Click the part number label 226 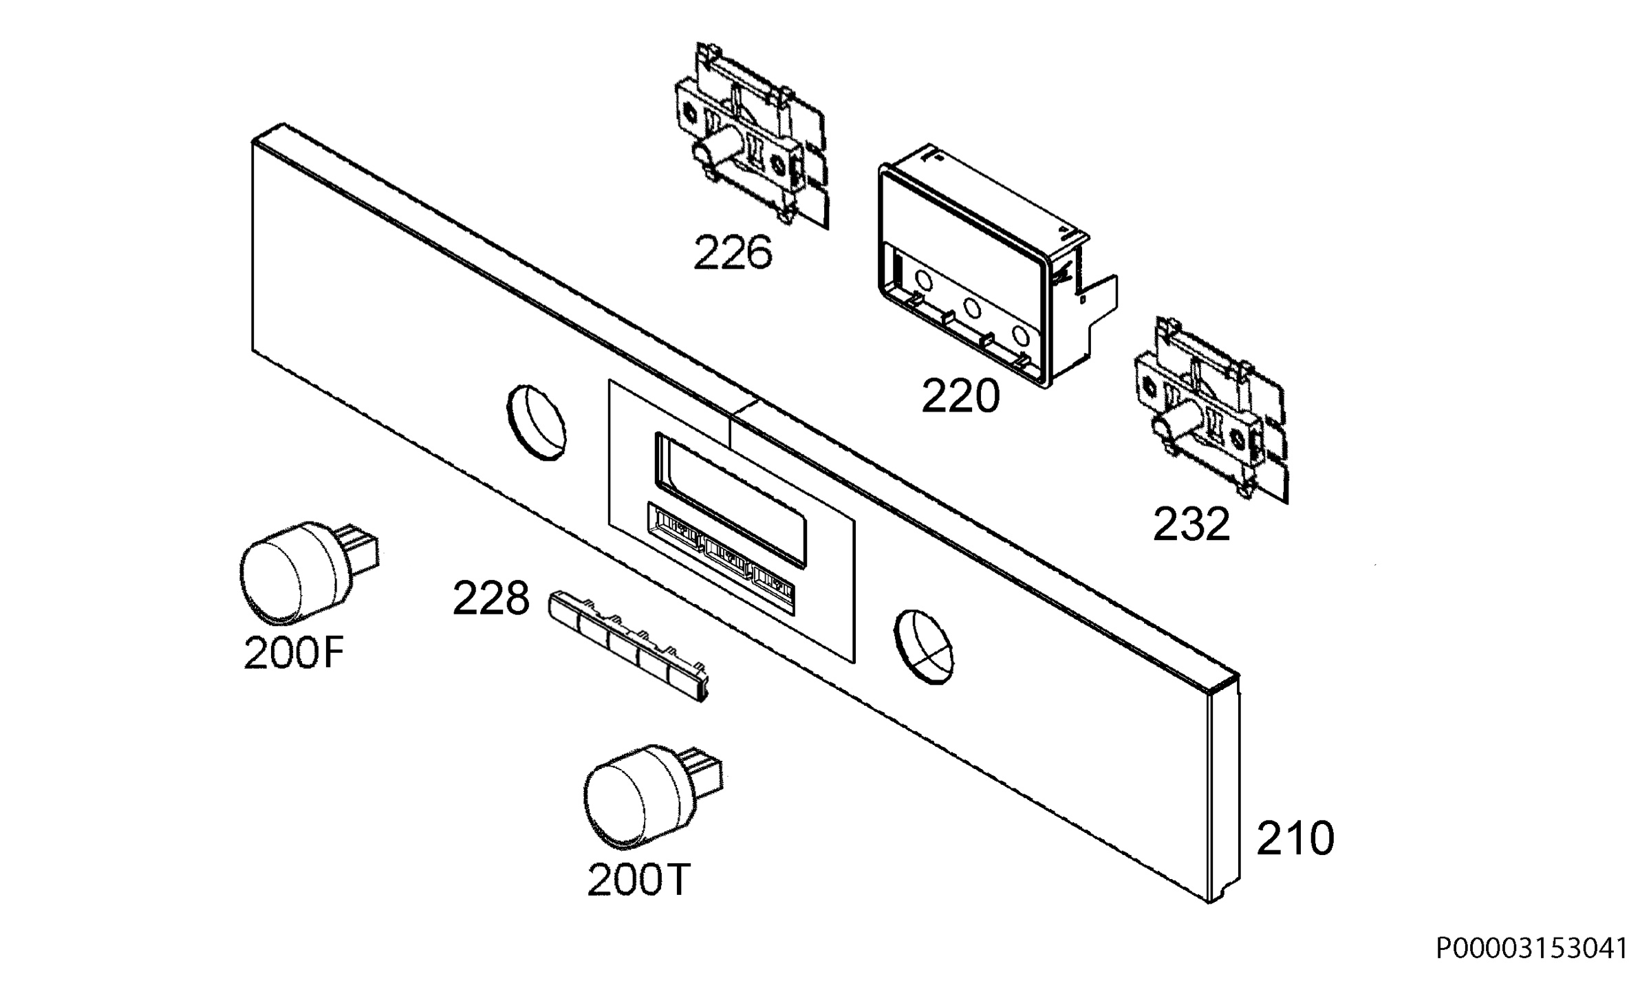(733, 252)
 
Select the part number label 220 (960, 396)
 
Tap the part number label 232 (1191, 525)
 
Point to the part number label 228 (491, 598)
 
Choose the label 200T (638, 879)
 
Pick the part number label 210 (1295, 839)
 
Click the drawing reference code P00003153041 (1532, 949)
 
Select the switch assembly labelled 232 (1211, 410)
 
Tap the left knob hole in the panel (536, 422)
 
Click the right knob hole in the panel (925, 646)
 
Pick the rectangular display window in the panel (731, 500)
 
